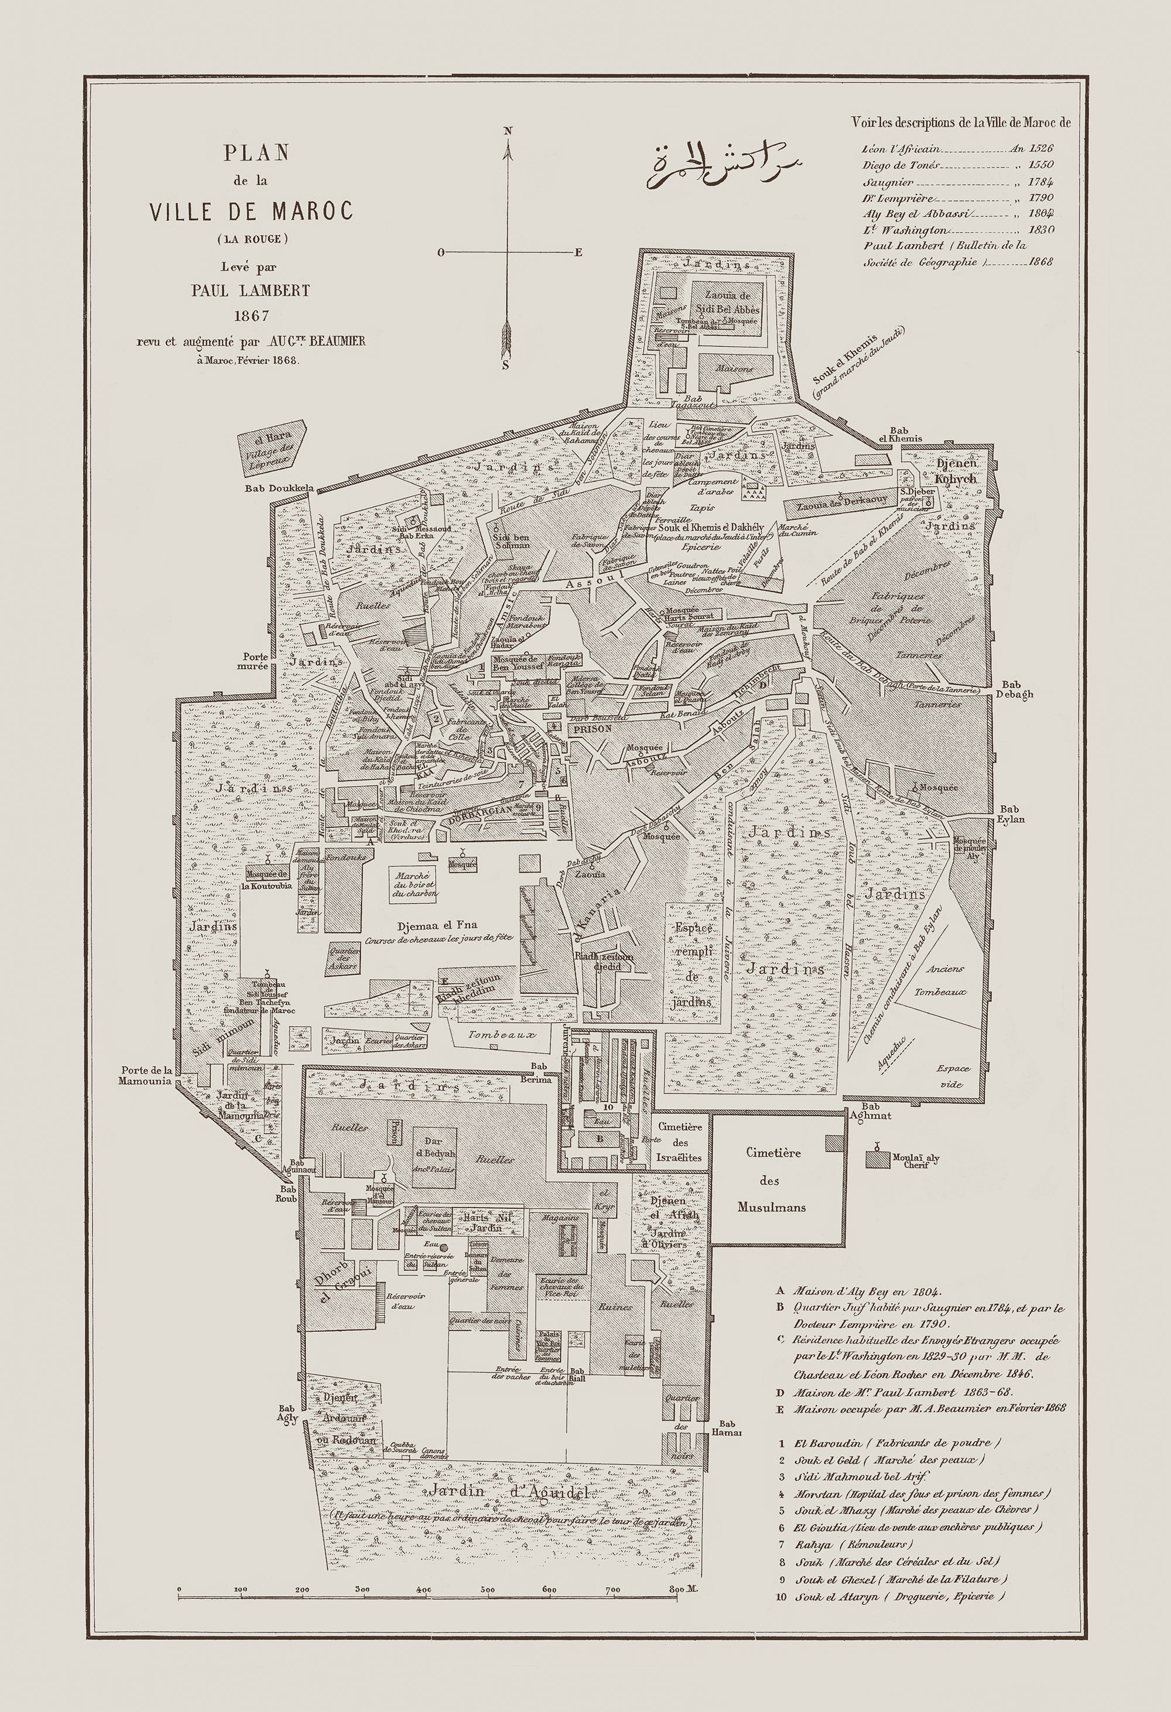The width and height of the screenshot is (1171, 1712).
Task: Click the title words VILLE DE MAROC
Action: click(x=251, y=211)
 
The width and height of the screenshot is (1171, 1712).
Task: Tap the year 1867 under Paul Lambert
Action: click(x=251, y=316)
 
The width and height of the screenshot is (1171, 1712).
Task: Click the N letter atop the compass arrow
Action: click(x=508, y=131)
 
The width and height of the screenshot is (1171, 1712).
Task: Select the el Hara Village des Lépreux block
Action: click(x=271, y=445)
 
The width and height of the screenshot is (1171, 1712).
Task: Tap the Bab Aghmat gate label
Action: click(x=871, y=1111)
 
